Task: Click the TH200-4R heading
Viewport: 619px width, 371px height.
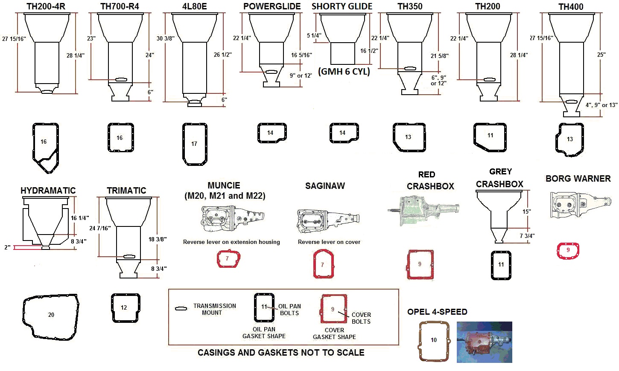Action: coord(46,6)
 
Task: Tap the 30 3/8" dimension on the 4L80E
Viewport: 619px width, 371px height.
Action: coord(165,38)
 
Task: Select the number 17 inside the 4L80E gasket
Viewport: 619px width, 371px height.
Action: coord(194,144)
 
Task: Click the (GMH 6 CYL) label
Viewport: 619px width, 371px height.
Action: coord(344,72)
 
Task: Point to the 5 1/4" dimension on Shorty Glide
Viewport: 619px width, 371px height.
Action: coord(314,35)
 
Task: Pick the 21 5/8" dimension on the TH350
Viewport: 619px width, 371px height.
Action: coord(439,56)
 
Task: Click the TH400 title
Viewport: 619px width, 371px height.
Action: coord(571,7)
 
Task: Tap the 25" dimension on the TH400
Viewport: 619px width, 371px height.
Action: coord(601,55)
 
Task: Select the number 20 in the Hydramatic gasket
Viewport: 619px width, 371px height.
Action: coord(51,315)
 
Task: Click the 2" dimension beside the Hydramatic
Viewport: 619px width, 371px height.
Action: coord(7,247)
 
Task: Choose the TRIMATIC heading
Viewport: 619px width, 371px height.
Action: coord(126,191)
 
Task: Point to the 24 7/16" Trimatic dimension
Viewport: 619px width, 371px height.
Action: coord(100,228)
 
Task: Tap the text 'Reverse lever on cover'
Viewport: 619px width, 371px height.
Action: coord(329,242)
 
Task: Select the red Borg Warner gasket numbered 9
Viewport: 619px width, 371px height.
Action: coord(568,250)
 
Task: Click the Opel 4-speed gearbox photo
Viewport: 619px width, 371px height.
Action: coord(484,342)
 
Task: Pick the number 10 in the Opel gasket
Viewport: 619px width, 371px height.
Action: coord(434,340)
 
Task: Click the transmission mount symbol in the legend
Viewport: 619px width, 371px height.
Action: coord(181,308)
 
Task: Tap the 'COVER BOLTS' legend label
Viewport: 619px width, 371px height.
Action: coord(361,318)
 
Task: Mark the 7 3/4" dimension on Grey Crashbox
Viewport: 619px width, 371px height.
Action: coord(527,236)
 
